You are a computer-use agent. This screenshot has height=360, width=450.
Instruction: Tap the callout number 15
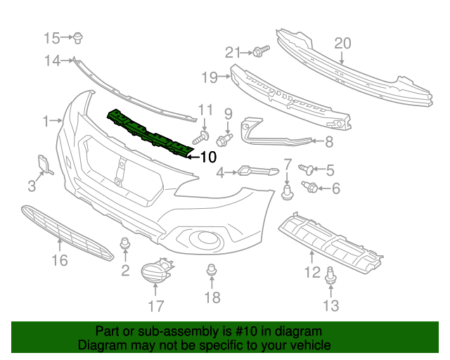point(53,37)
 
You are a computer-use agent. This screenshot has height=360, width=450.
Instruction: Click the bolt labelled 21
point(259,51)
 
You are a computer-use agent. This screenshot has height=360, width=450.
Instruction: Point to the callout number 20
point(342,44)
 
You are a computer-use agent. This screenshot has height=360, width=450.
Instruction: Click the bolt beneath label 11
point(205,135)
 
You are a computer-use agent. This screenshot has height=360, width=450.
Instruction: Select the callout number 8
point(328,142)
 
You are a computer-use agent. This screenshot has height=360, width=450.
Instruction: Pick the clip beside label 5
point(307,168)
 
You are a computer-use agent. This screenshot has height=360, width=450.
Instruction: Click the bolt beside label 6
point(310,186)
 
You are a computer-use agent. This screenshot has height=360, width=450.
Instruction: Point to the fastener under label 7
point(287,191)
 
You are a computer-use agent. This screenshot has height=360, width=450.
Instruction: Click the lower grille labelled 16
point(67,232)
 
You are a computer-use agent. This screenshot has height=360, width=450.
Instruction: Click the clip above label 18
point(210,269)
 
